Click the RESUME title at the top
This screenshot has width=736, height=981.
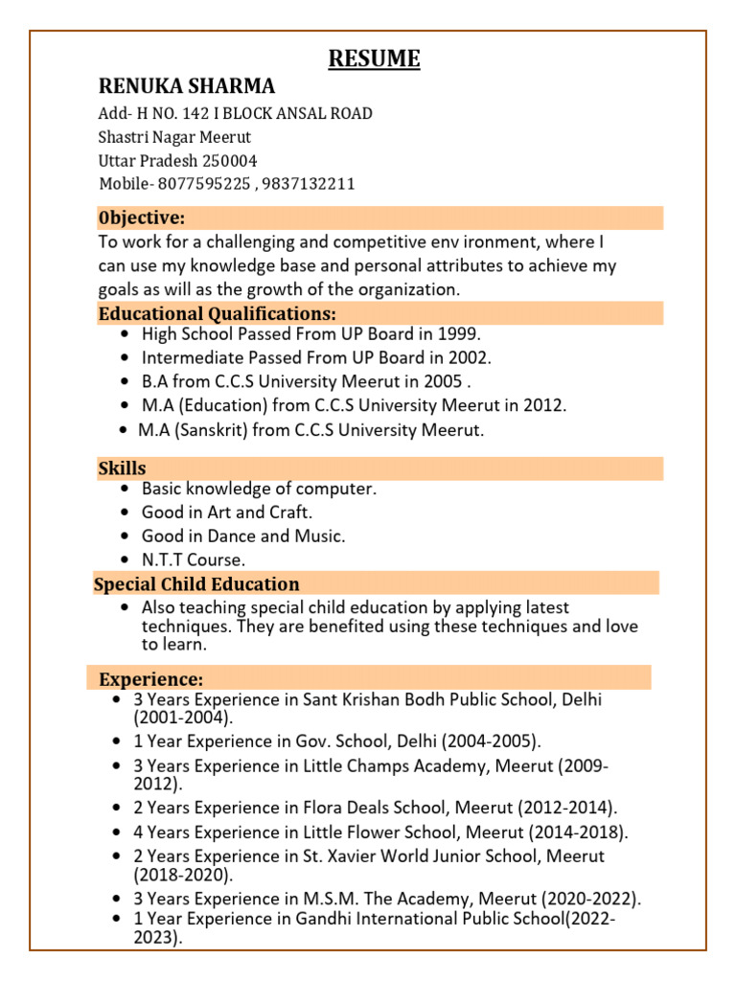(375, 59)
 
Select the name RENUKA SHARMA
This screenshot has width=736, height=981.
(187, 86)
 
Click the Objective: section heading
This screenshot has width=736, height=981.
(142, 218)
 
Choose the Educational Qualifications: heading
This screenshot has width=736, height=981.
(218, 313)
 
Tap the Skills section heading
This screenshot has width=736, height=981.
(122, 468)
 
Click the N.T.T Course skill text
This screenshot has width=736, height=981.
(194, 559)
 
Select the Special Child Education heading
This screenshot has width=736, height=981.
(196, 583)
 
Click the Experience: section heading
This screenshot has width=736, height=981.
(151, 678)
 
